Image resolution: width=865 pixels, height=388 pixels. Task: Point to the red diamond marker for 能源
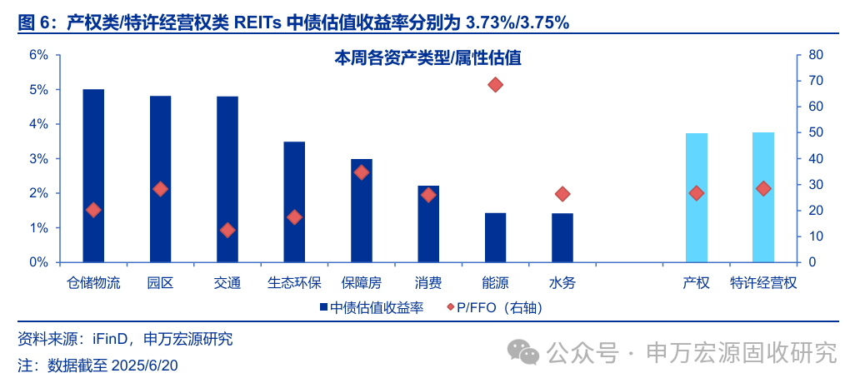click(496, 85)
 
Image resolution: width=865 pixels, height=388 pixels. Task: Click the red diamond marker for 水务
click(562, 194)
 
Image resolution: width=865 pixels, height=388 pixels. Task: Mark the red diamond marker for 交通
click(227, 230)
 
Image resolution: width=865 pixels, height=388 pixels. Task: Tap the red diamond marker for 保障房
click(362, 172)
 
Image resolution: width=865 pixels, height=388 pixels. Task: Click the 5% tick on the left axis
click(39, 90)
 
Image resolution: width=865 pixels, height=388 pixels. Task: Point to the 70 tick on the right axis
click(816, 81)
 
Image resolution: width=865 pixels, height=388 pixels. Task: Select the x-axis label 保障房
click(362, 283)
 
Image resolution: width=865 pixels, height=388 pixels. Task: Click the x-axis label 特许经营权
click(763, 283)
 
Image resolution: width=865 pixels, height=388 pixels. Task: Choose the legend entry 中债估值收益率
click(372, 308)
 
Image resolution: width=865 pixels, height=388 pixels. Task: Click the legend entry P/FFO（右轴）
click(495, 308)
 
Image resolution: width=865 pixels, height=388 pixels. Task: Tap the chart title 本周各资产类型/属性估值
click(427, 58)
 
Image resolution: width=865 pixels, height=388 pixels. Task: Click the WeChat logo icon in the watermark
click(525, 352)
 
